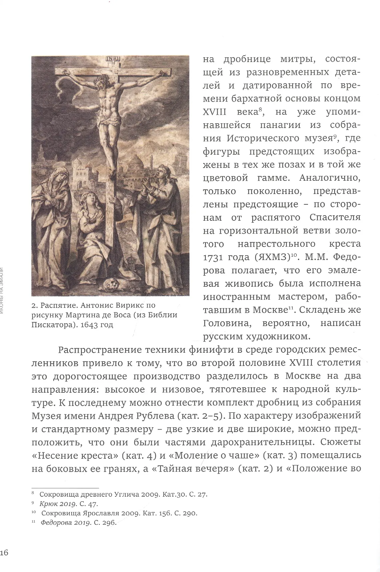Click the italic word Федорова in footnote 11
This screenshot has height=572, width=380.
tap(55, 523)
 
